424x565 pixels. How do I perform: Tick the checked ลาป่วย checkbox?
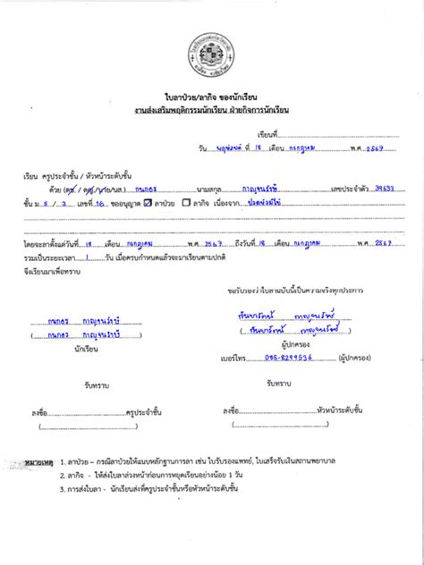[148, 204]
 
